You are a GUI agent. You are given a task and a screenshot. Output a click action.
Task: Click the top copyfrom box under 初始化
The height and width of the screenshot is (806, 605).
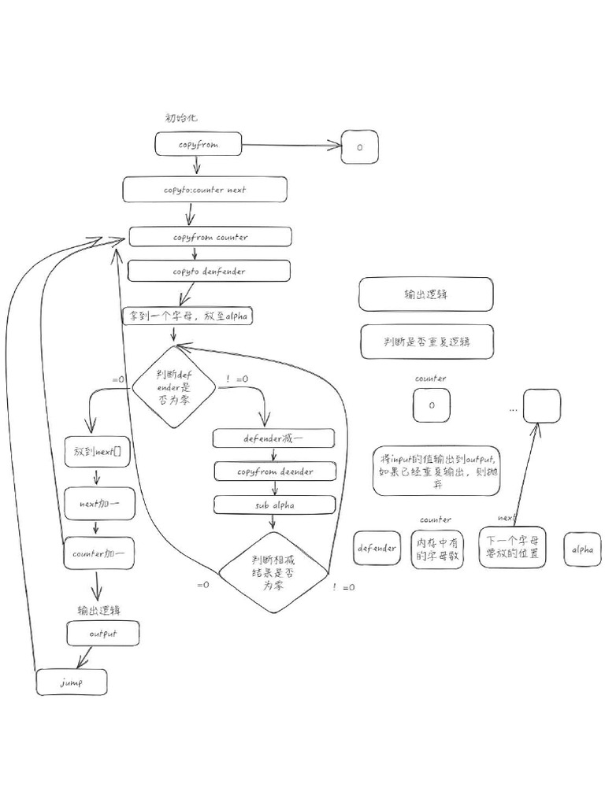pyautogui.click(x=198, y=145)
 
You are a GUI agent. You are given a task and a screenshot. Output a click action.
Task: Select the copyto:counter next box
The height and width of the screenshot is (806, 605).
pyautogui.click(x=205, y=190)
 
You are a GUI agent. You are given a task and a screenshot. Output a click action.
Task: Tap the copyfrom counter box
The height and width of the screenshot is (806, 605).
pyautogui.click(x=210, y=237)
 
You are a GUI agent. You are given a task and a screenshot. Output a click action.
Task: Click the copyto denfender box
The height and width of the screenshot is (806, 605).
pyautogui.click(x=210, y=272)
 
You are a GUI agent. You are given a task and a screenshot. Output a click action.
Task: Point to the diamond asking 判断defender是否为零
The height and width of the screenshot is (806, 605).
pyautogui.click(x=173, y=386)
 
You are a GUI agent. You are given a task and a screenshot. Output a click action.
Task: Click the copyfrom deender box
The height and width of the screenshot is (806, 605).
pyautogui.click(x=275, y=471)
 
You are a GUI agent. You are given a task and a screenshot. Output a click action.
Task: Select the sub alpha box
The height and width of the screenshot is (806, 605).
pyautogui.click(x=275, y=505)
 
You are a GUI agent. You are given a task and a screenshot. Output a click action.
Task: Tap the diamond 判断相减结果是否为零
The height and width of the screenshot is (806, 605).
pyautogui.click(x=273, y=573)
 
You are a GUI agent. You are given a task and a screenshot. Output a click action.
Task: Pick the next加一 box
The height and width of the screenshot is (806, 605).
pyautogui.click(x=96, y=501)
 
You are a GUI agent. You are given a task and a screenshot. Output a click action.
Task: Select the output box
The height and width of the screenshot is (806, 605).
pyautogui.click(x=103, y=634)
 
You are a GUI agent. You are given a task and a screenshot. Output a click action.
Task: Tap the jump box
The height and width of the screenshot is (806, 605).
pyautogui.click(x=72, y=682)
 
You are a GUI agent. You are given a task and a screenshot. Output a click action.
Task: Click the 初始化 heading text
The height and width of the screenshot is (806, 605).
pyautogui.click(x=181, y=117)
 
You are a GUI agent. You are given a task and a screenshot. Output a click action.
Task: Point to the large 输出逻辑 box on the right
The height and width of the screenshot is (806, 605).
pyautogui.click(x=426, y=294)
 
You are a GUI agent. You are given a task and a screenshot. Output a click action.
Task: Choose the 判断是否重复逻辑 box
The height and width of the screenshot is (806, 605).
pyautogui.click(x=426, y=342)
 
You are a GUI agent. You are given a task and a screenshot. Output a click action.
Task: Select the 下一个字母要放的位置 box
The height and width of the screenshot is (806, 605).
pyautogui.click(x=512, y=547)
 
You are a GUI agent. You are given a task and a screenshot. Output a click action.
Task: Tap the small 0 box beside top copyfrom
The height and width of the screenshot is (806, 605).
pyautogui.click(x=360, y=147)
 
